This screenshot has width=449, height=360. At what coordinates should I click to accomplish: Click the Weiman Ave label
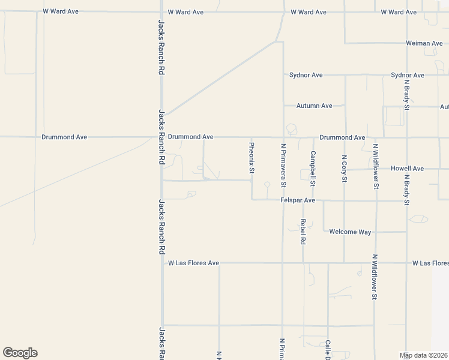click(x=424, y=43)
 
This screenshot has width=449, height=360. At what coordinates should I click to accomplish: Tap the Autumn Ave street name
click(x=314, y=106)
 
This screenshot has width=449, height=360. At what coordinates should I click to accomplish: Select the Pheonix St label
click(x=252, y=158)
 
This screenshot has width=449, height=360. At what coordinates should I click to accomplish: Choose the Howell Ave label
click(x=407, y=169)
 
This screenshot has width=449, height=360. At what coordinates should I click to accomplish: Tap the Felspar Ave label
click(x=298, y=200)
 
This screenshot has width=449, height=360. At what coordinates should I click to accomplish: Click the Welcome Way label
click(x=351, y=232)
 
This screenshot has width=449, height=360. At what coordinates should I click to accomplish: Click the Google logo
click(x=20, y=353)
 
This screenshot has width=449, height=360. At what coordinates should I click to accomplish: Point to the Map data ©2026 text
click(x=424, y=355)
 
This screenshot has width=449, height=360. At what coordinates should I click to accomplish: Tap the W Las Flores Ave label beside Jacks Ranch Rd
click(x=193, y=263)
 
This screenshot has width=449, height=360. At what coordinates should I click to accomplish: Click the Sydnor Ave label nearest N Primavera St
click(x=306, y=75)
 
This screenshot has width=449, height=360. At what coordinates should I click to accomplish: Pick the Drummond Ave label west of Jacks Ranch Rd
click(x=64, y=137)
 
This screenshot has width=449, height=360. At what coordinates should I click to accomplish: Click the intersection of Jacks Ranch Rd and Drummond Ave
click(x=161, y=137)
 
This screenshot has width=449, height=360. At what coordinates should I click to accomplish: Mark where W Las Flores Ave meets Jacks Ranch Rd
click(x=161, y=263)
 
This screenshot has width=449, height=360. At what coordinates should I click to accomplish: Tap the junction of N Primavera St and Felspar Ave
click(x=283, y=200)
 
